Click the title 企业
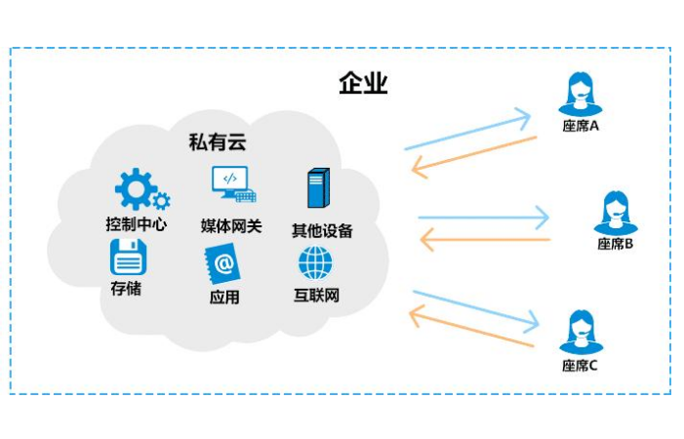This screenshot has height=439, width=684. (364, 84)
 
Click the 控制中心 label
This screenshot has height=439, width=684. (136, 224)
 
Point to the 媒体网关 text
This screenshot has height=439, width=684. (231, 226)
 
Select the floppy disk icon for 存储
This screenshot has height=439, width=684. (128, 259)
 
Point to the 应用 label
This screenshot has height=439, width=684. (223, 297)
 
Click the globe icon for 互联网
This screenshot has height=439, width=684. (315, 261)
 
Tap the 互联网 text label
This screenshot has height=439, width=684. (316, 296)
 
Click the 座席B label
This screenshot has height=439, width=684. (616, 244)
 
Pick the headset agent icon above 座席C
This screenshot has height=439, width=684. (579, 332)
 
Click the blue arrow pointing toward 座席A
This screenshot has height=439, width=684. (467, 134)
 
